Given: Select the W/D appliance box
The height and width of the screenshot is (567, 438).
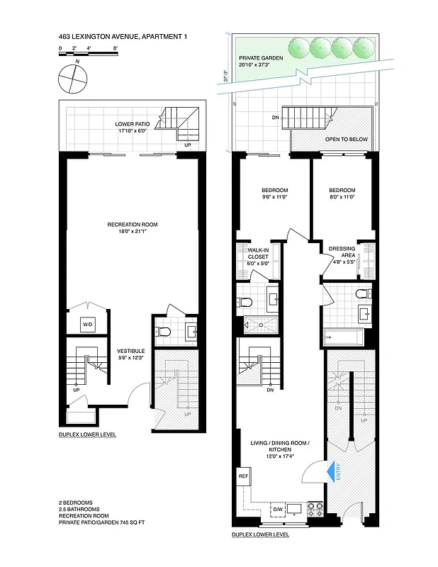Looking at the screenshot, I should pyautogui.click(x=88, y=325).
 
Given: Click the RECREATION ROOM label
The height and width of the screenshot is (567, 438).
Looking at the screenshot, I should pyautogui.click(x=133, y=225).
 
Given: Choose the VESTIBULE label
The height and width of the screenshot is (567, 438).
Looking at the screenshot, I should pyautogui.click(x=130, y=350).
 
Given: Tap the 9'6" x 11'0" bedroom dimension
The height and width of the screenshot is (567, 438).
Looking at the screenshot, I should pyautogui.click(x=274, y=198).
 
